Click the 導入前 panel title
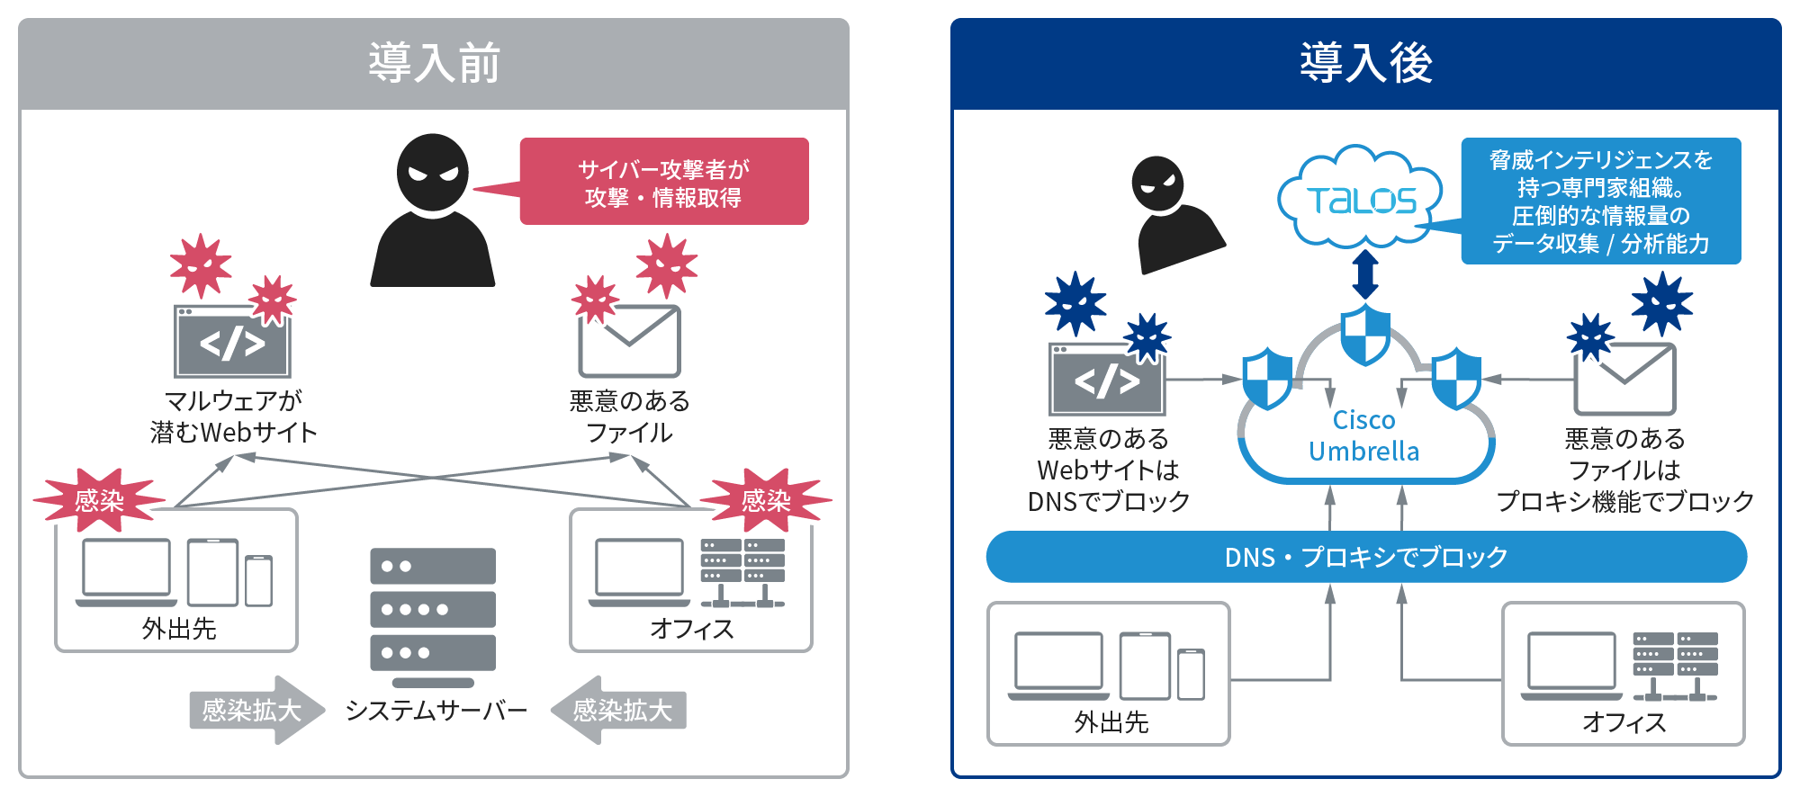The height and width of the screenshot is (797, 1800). (x=434, y=63)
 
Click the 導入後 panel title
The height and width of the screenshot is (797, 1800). (x=1365, y=63)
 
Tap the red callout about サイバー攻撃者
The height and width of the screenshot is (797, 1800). (x=664, y=182)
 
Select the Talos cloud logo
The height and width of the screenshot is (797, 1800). (x=1361, y=199)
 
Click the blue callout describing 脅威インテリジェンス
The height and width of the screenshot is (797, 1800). (x=1600, y=201)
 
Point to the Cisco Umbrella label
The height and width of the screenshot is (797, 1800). (x=1363, y=436)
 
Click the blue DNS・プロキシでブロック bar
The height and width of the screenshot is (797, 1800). (x=1366, y=557)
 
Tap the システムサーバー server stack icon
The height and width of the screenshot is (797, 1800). (x=433, y=616)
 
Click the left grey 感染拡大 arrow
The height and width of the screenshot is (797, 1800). (x=255, y=711)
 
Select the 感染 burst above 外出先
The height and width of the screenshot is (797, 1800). (x=99, y=500)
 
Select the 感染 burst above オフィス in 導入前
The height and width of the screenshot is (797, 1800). (x=766, y=500)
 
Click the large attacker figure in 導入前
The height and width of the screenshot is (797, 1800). (x=433, y=211)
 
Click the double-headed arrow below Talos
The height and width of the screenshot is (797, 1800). (x=1365, y=274)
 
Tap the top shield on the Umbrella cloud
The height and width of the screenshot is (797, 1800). (x=1365, y=334)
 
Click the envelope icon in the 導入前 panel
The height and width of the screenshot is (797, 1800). (x=629, y=341)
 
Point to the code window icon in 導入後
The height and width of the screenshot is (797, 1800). (x=1107, y=379)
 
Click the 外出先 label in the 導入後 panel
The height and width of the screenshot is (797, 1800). (x=1111, y=722)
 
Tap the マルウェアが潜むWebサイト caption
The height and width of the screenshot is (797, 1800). (x=233, y=416)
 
